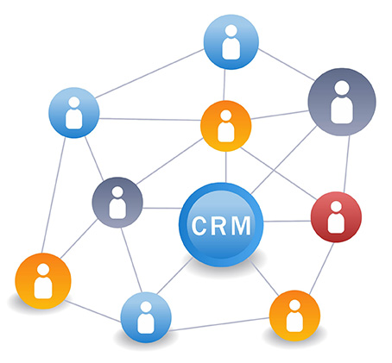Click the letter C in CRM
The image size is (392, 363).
click(199, 226)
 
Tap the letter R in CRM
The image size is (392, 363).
click(219, 226)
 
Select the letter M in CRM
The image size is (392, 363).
click(241, 226)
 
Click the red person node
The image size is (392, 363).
click(336, 217)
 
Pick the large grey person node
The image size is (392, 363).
click(342, 102)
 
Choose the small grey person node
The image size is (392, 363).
click(117, 203)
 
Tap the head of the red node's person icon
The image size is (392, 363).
click(336, 206)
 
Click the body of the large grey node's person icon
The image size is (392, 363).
click(342, 110)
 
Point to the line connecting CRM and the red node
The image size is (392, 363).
click(288, 222)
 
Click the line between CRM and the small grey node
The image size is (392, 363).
click(161, 208)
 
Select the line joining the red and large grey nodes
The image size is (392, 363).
click(347, 164)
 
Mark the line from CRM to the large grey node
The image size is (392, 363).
click(283, 160)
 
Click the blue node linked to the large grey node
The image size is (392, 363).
click(231, 42)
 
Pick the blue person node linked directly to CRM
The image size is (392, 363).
click(146, 317)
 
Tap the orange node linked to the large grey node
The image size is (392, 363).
click(226, 126)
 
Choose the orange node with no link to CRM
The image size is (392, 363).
click(43, 281)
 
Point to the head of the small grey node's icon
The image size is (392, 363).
click(117, 192)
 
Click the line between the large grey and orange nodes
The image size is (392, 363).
click(280, 115)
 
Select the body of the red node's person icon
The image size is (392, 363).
click(336, 223)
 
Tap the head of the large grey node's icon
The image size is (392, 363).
click(342, 88)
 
